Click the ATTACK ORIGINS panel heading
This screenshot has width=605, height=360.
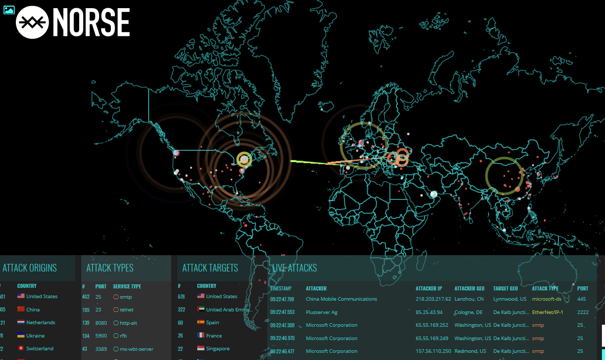coord(30,268)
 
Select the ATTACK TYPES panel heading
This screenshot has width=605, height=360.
coord(110,268)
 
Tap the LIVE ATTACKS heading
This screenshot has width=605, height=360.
coord(294,268)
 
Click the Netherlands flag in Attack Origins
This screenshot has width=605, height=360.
coord(21,323)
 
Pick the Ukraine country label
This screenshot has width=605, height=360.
coord(35,336)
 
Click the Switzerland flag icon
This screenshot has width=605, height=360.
coord(21,349)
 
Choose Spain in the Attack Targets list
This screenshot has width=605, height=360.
coord(213,323)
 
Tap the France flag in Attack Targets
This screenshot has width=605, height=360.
coord(201,336)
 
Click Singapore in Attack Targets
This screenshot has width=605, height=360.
coord(218,349)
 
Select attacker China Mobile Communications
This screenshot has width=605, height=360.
coord(341,299)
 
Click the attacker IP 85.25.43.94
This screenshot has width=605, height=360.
coord(429,312)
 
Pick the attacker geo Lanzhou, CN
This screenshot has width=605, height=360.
coord(469,299)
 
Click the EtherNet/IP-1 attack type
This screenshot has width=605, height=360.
coord(547,312)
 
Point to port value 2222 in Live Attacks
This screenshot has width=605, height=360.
coord(583,312)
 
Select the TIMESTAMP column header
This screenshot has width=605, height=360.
coord(281,288)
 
